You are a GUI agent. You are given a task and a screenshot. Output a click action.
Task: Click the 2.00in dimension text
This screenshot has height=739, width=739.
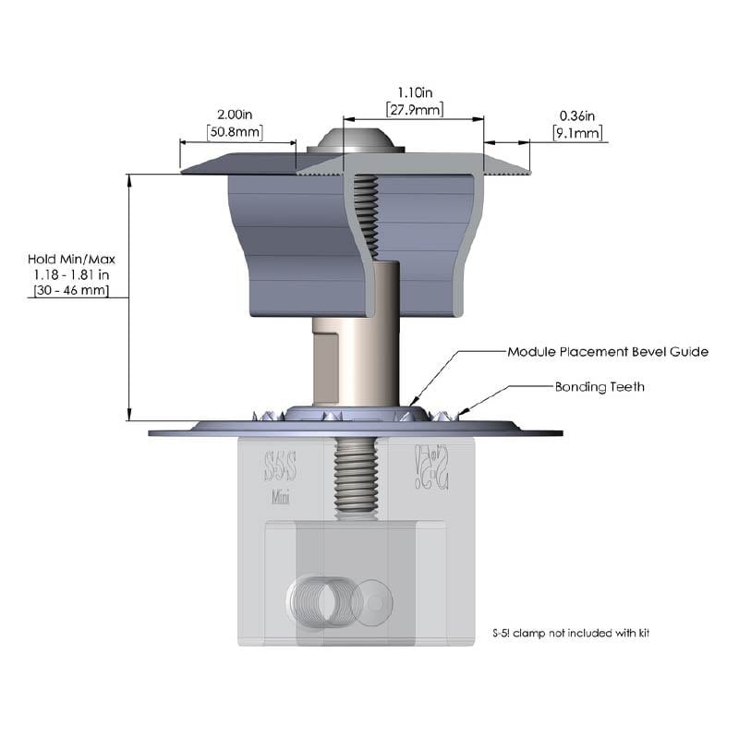[x=235, y=115]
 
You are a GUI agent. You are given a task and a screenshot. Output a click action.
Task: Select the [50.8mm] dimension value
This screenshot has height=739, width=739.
[x=235, y=131]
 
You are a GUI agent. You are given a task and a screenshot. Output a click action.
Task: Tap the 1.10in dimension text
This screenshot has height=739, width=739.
[x=415, y=92]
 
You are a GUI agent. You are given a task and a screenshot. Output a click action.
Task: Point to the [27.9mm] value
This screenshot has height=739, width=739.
[x=415, y=109]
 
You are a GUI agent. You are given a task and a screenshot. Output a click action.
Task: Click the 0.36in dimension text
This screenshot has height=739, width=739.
[x=576, y=116]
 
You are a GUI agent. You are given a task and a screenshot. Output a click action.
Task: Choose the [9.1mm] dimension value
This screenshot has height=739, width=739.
[x=577, y=133]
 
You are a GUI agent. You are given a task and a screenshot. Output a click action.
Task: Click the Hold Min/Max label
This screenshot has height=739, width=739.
[x=71, y=260]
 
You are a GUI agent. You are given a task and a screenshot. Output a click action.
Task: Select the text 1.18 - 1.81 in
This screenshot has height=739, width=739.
[x=71, y=274]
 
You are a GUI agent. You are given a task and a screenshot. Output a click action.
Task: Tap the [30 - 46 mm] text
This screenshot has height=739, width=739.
[x=71, y=290]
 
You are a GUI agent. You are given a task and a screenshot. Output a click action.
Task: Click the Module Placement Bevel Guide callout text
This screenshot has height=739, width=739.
[x=608, y=352]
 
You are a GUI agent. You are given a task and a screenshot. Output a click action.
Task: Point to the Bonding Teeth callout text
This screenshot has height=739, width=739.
[x=600, y=387]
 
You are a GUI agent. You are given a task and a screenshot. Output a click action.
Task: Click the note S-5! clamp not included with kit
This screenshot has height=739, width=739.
[x=571, y=633]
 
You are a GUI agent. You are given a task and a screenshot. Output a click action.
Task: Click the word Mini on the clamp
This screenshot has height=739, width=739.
[x=281, y=497]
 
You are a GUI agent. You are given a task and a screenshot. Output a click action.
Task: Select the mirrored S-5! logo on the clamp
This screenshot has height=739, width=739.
[x=431, y=466]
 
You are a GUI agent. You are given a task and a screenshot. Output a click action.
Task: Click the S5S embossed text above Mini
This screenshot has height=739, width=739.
[x=281, y=466]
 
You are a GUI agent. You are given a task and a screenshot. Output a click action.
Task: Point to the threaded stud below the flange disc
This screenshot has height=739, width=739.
[x=356, y=475]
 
